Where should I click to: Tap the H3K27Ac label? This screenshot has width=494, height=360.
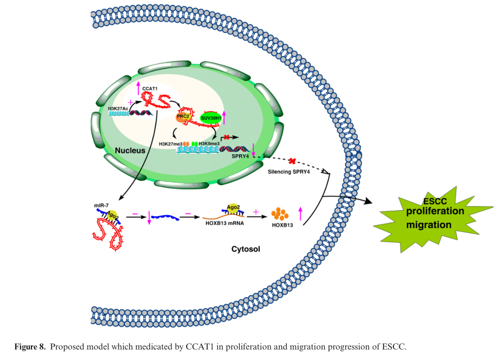[x=118, y=108]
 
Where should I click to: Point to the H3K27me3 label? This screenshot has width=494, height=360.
[x=170, y=144]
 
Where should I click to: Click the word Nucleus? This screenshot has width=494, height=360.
[x=130, y=150]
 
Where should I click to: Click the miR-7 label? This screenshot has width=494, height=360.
[x=101, y=206]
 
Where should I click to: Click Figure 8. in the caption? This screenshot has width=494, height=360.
[x=31, y=346]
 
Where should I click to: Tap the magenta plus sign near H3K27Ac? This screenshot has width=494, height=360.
[x=130, y=102]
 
